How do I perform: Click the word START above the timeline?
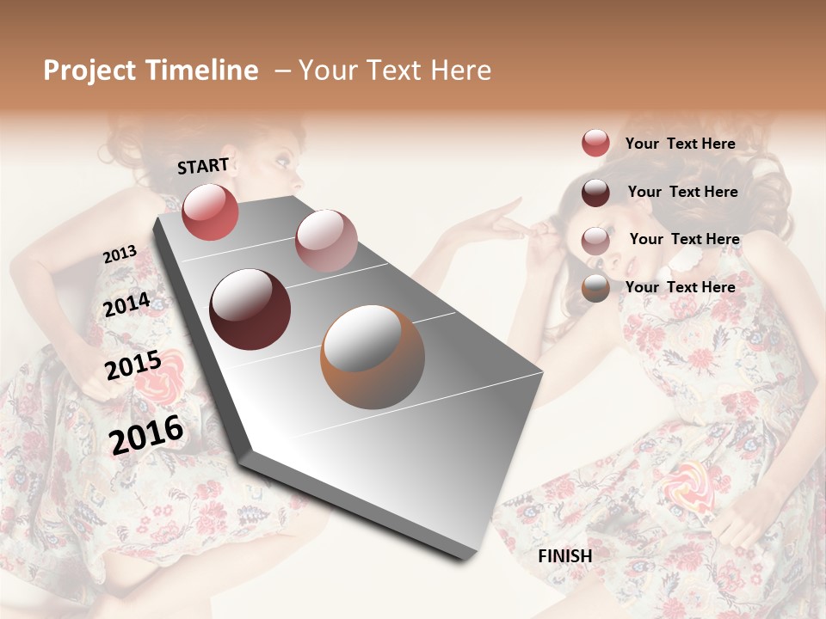203,166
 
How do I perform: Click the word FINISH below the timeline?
564,556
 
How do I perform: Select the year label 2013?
120,254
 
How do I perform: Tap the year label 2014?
126,304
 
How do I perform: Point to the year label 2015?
133,366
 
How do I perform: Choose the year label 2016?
146,434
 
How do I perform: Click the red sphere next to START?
210,211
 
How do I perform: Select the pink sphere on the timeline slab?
326,241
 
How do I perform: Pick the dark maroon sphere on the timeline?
250,309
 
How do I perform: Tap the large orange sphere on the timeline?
373,356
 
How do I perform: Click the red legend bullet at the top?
595,143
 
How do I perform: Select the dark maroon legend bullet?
595,192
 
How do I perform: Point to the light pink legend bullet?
595,240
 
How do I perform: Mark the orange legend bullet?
595,288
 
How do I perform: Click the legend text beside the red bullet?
680,144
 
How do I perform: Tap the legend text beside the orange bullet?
680,287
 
